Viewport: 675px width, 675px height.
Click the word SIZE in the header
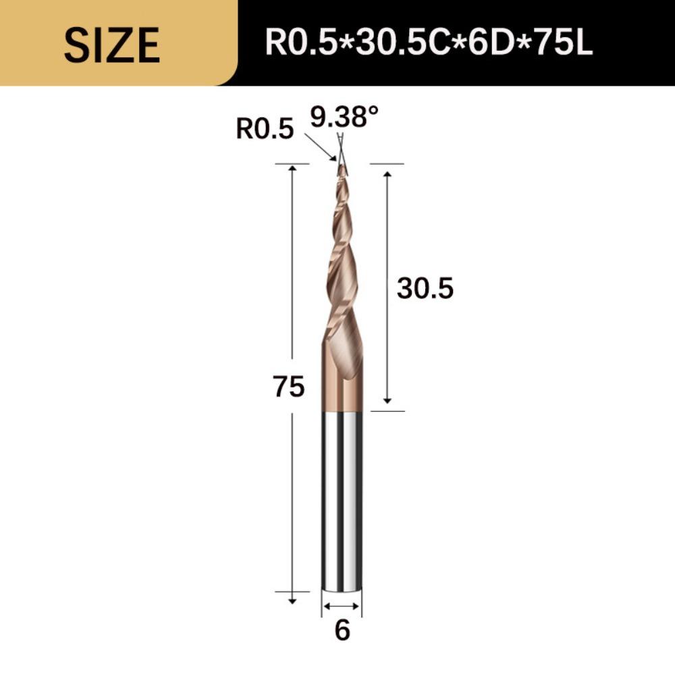[x=112, y=45]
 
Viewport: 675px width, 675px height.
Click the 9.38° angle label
[x=344, y=118]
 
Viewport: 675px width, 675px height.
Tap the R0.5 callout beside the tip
[x=265, y=128]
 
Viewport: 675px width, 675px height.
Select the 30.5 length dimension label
[x=425, y=289]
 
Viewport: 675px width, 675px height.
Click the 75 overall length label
[x=289, y=387]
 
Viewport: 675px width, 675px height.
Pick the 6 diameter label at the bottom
[x=342, y=630]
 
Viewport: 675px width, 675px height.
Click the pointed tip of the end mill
[x=342, y=166]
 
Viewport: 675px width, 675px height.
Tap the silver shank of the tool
[x=342, y=500]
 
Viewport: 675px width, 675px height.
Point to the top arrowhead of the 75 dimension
[x=292, y=168]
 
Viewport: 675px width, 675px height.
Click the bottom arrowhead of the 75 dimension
[x=292, y=599]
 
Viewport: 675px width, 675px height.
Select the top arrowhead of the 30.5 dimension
[x=387, y=175]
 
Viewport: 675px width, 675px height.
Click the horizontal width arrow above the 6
[x=342, y=607]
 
